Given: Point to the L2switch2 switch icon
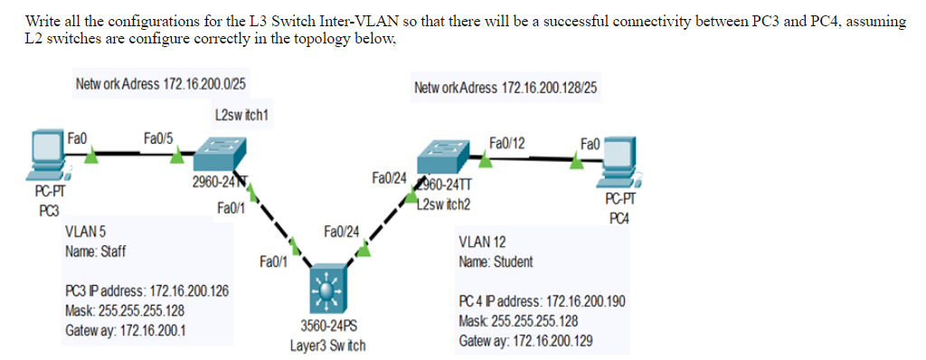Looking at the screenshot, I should tap(447, 158).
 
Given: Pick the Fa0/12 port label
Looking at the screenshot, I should tap(506, 142).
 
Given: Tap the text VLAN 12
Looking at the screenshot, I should tap(482, 242).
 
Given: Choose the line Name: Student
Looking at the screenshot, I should tap(496, 261).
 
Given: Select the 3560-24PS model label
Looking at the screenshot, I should tap(327, 326).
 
